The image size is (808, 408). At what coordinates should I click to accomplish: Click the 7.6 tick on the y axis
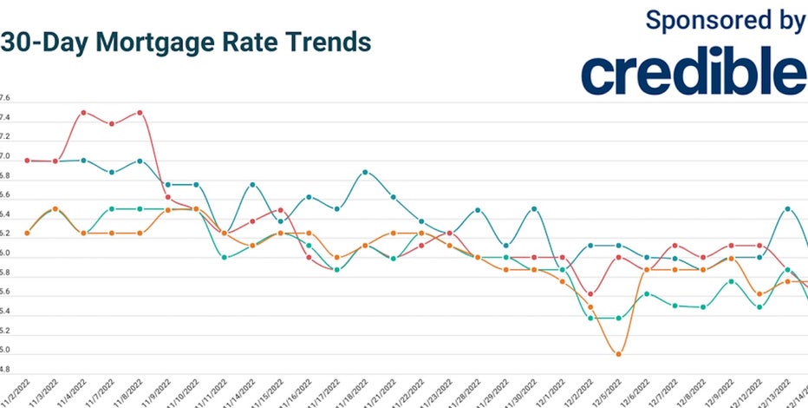pyautogui.click(x=5, y=97)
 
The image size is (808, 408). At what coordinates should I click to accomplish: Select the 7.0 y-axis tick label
pyautogui.click(x=5, y=157)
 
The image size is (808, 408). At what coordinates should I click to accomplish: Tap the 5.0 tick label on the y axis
pyautogui.click(x=5, y=351)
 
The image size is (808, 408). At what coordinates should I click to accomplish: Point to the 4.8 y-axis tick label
pyautogui.click(x=5, y=371)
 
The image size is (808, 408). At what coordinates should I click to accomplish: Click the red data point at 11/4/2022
pyautogui.click(x=83, y=113)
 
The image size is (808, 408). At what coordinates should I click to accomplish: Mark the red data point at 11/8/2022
pyautogui.click(x=140, y=113)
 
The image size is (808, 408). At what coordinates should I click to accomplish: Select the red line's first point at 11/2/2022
pyautogui.click(x=28, y=161)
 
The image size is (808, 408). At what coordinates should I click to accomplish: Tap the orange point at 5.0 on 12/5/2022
pyautogui.click(x=618, y=353)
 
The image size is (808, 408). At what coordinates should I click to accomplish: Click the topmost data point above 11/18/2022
pyautogui.click(x=365, y=172)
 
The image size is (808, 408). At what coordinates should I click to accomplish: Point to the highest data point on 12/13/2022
pyautogui.click(x=787, y=209)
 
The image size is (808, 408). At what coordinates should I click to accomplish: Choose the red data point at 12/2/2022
pyautogui.click(x=590, y=293)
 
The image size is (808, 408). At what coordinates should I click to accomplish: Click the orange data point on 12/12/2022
pyautogui.click(x=759, y=293)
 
